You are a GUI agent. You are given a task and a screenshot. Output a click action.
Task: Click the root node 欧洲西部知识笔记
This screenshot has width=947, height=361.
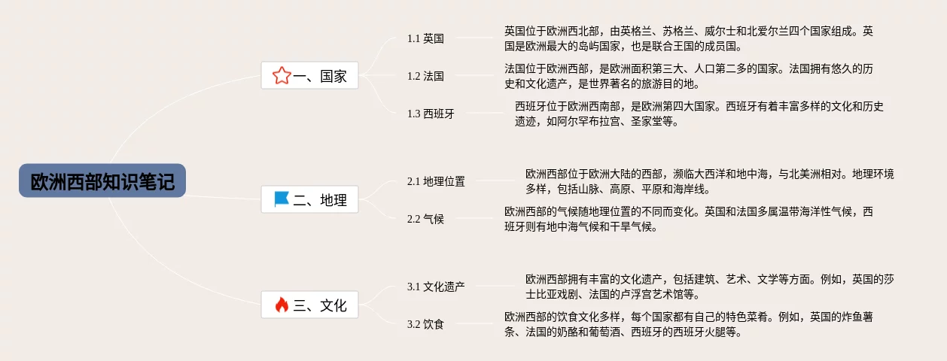click(102, 181)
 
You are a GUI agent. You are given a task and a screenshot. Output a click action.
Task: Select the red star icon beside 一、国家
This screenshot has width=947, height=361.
click(282, 75)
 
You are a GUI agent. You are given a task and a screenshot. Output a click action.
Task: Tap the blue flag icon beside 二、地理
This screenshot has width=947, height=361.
click(282, 199)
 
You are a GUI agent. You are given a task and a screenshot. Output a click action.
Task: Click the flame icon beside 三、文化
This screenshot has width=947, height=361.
click(282, 305)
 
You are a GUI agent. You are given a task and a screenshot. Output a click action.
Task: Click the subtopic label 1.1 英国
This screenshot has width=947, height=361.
click(425, 38)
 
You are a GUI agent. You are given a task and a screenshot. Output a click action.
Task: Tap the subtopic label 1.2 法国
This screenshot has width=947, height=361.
click(425, 76)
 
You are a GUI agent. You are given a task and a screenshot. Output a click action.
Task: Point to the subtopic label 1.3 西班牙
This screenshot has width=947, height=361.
click(431, 114)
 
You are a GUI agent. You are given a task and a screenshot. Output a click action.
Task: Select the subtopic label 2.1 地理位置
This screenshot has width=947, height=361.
click(436, 181)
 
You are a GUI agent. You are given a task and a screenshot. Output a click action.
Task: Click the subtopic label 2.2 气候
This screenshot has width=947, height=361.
click(425, 219)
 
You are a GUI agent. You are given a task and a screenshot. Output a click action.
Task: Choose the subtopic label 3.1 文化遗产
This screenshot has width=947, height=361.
click(436, 287)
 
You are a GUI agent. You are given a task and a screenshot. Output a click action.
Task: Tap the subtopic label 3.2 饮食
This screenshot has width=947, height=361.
click(425, 324)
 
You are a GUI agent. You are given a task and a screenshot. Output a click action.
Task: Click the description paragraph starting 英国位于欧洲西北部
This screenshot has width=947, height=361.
click(689, 38)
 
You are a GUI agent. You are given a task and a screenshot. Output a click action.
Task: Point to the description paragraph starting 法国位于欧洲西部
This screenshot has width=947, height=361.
click(689, 75)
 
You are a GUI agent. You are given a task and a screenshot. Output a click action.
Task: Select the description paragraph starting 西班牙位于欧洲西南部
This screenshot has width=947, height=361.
click(699, 113)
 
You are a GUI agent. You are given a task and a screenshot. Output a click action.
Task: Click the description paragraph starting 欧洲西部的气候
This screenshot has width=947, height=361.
click(689, 218)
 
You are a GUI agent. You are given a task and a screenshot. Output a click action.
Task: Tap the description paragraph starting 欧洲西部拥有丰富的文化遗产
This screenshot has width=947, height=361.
click(710, 286)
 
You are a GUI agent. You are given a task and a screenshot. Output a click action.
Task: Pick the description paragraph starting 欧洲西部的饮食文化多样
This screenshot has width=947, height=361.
click(689, 323)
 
